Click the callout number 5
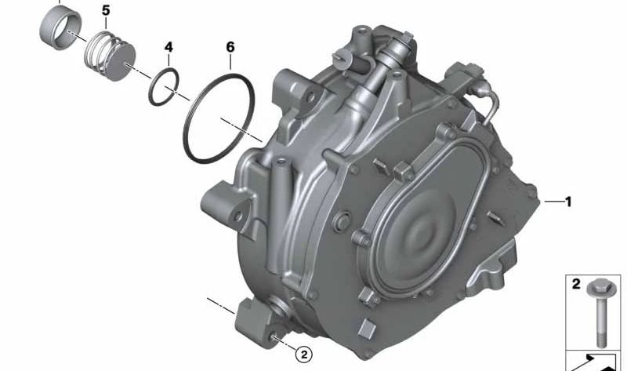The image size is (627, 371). tap(106, 11)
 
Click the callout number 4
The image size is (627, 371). tap(169, 47)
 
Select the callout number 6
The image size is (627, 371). tap(230, 47)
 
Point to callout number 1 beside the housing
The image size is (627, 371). tap(568, 202)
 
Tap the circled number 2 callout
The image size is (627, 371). tap(303, 355)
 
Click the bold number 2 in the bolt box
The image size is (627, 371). tap(576, 284)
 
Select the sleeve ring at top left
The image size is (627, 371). tap(60, 28)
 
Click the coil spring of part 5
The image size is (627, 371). tap(102, 50)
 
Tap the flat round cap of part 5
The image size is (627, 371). tap(121, 62)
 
